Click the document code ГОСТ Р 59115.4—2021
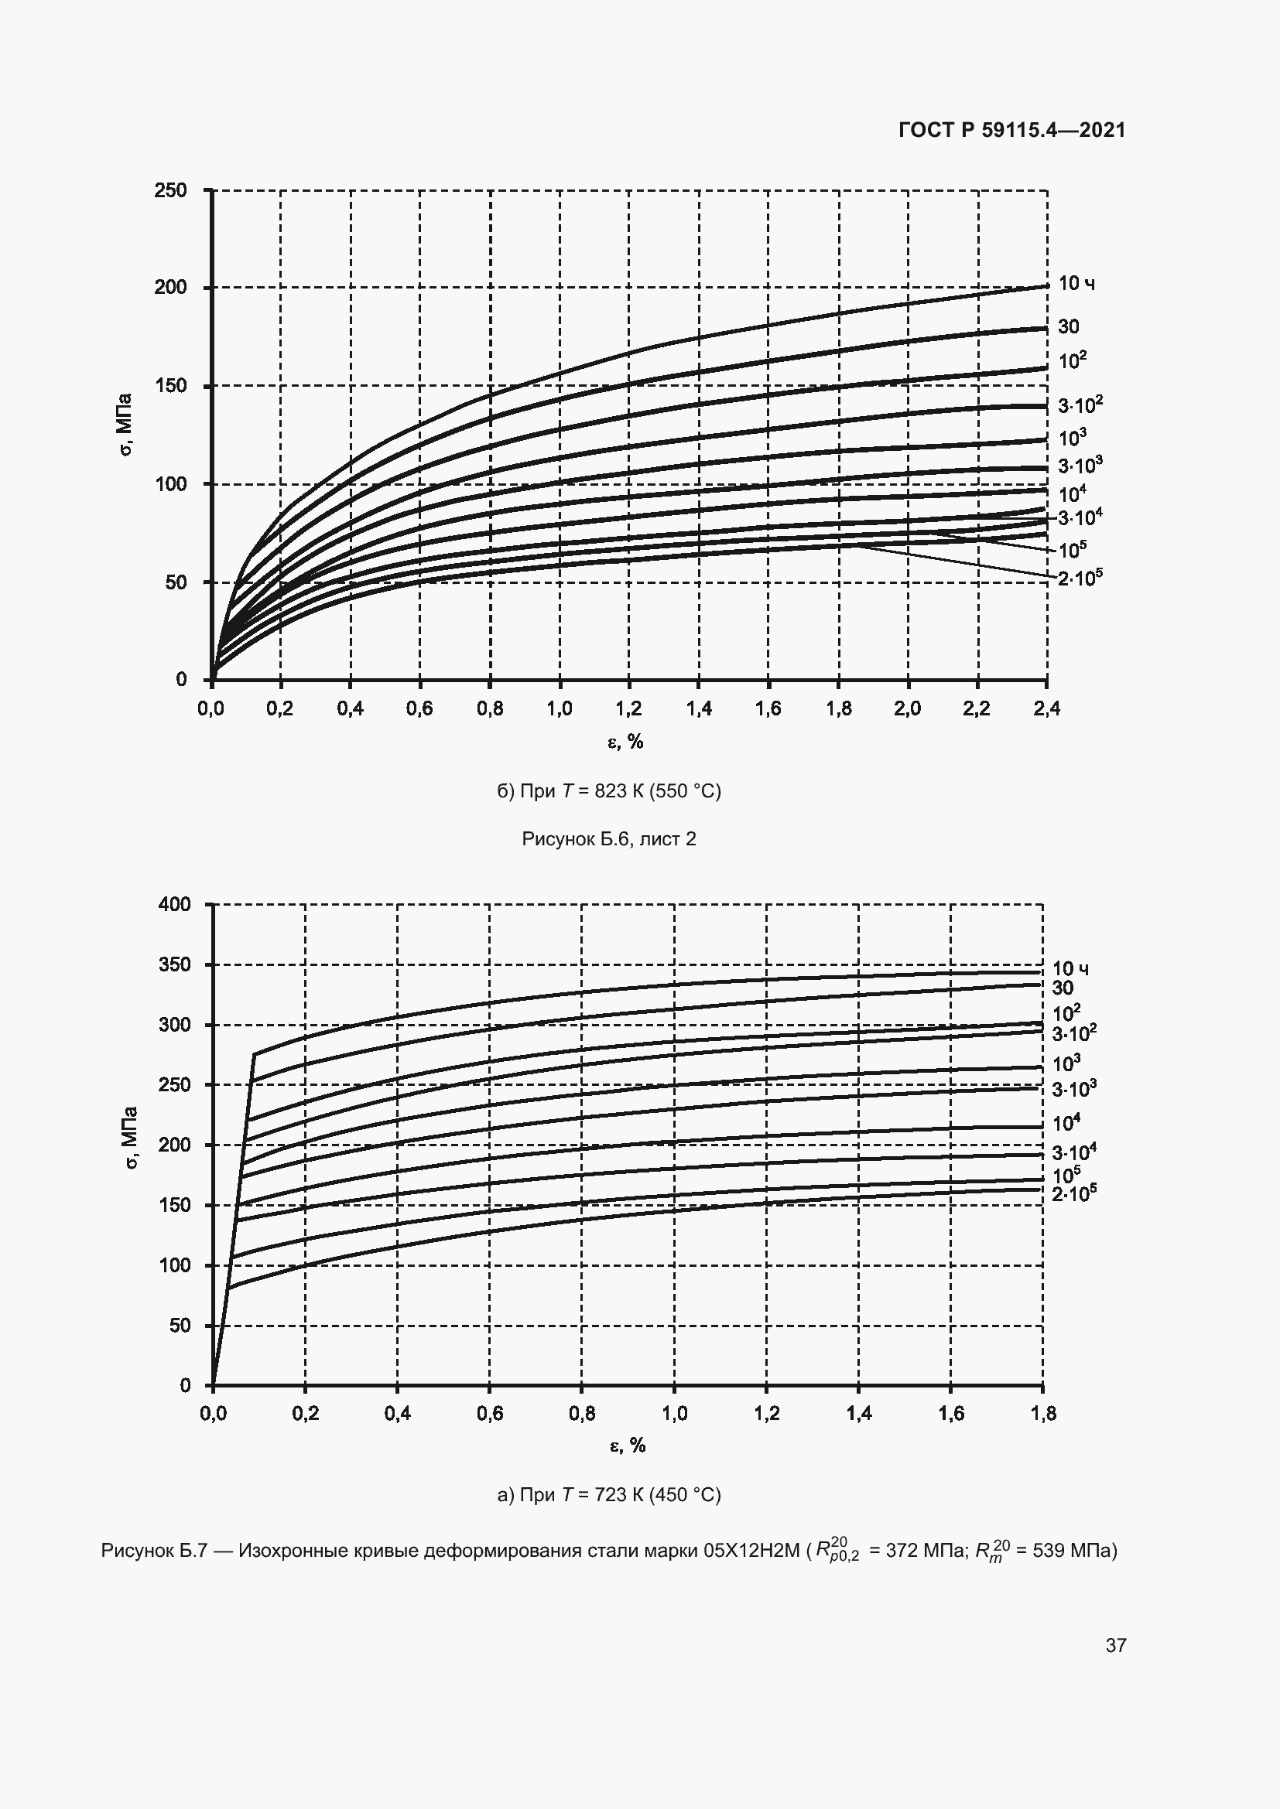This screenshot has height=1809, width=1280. click(1012, 130)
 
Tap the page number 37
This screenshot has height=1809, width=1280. click(1116, 1645)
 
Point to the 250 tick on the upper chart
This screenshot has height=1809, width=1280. click(171, 191)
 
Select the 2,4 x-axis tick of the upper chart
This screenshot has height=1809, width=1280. click(1046, 709)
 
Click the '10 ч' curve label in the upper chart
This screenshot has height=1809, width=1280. click(1076, 284)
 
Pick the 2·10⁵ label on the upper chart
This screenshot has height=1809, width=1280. click(1080, 579)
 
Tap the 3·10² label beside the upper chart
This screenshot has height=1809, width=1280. click(1080, 406)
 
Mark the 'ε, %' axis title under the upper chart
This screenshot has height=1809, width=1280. click(626, 742)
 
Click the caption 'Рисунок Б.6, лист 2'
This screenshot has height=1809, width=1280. click(609, 839)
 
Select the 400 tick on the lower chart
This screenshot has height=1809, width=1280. click(174, 905)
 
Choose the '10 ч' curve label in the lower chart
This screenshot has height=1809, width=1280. click(1070, 968)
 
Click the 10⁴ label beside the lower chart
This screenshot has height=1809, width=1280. click(1066, 1123)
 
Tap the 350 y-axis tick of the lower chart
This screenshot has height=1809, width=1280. click(174, 964)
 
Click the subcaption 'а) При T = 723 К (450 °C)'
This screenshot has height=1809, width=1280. click(609, 1495)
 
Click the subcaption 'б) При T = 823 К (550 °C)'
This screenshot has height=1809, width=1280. click(609, 790)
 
